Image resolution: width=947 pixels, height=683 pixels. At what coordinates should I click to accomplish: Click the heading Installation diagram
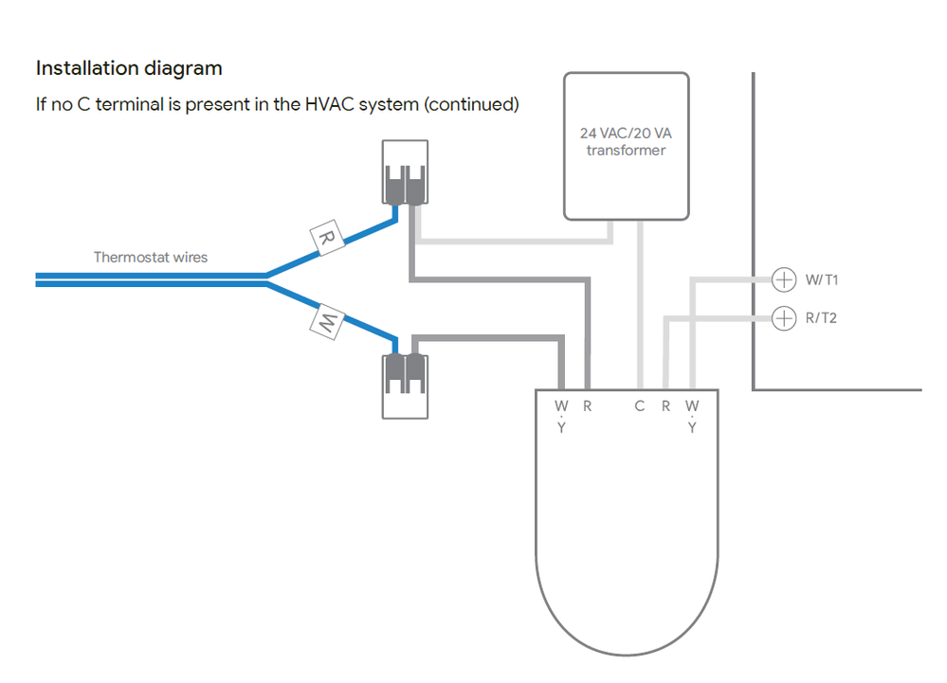(129, 68)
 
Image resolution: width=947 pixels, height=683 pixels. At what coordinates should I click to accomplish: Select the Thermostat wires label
(150, 257)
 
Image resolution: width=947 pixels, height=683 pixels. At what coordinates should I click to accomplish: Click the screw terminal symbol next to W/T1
(783, 279)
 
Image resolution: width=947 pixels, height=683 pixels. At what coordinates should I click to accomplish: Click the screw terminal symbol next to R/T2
(783, 318)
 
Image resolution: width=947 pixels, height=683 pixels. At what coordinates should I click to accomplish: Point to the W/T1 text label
(821, 280)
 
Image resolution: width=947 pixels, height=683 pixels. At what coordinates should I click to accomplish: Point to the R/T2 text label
(821, 318)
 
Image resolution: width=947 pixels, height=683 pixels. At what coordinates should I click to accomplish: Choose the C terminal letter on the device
(640, 406)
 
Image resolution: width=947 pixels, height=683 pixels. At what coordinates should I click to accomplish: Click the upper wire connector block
(405, 173)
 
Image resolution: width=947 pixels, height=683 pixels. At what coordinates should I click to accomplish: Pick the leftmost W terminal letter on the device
(562, 406)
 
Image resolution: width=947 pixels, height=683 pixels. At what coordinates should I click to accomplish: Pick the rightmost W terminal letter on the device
(692, 406)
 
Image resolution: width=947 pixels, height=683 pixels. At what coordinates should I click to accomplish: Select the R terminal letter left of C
(587, 406)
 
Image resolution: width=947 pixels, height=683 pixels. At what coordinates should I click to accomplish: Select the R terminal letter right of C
(666, 406)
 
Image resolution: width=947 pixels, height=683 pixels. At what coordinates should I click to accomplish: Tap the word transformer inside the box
(626, 151)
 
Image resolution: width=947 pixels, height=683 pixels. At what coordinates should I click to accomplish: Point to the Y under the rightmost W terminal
(692, 428)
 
